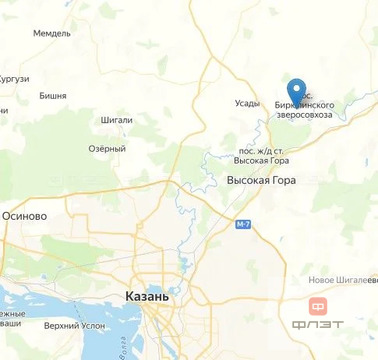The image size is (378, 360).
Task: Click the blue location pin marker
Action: pyautogui.click(x=296, y=91)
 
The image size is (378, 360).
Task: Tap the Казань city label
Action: pyautogui.click(x=146, y=297)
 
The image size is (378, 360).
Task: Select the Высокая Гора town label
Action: pyautogui.click(x=261, y=179)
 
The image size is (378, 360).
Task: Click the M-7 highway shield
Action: pyautogui.click(x=243, y=224)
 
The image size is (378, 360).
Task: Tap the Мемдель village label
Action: pyautogui.click(x=52, y=33)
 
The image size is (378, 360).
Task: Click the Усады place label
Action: pyautogui.click(x=247, y=103)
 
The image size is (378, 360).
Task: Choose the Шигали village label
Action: pyautogui.click(x=117, y=119)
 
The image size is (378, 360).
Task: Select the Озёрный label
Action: pyautogui.click(x=106, y=148)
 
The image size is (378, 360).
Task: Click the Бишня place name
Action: pyautogui.click(x=52, y=96)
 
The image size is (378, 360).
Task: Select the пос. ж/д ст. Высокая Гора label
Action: pyautogui.click(x=261, y=154)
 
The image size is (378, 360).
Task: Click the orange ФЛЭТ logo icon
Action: pyautogui.click(x=318, y=305)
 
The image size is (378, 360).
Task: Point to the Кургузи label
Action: pyautogui.click(x=14, y=78)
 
